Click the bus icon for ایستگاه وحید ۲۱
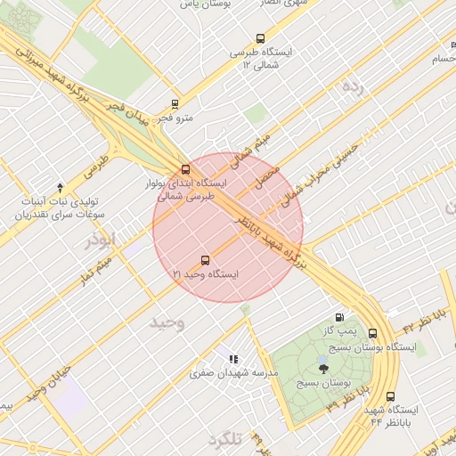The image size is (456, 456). click(206, 261)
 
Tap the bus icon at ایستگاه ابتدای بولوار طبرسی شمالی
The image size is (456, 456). click(186, 169)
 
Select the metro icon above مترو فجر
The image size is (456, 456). click(175, 103)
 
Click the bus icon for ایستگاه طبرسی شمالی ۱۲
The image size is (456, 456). click(260, 38)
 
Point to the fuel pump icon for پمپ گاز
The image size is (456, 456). click(338, 317)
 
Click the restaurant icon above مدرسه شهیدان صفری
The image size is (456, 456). click(233, 359)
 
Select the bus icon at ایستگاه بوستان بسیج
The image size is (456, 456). click(372, 333)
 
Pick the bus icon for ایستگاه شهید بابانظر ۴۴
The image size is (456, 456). click(390, 397)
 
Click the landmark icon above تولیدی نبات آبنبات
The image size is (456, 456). click(60, 187)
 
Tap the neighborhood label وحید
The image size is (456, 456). click(166, 321)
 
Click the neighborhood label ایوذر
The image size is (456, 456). click(99, 240)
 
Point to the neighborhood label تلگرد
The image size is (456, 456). click(224, 441)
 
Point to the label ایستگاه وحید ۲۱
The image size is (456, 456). click(206, 275)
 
